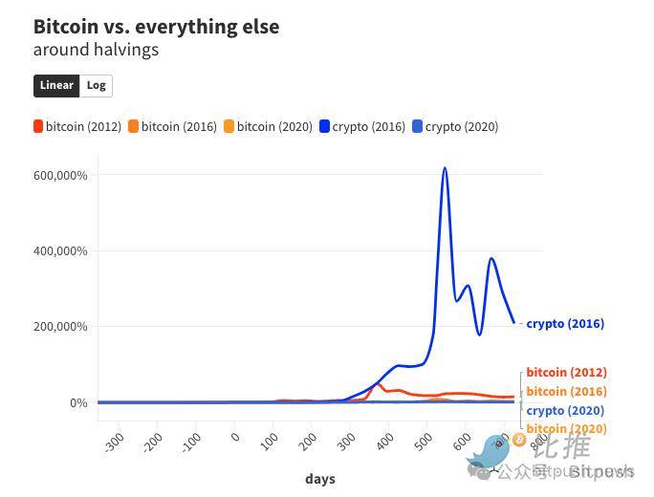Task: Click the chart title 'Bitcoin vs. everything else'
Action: (156, 27)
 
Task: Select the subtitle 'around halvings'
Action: (96, 50)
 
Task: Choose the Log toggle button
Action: (96, 85)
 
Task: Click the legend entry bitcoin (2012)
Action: (77, 126)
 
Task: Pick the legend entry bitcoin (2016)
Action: (173, 126)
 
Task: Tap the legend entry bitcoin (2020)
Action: (269, 126)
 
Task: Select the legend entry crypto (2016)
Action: (362, 126)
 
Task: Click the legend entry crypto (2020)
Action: (455, 126)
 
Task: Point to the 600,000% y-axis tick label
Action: (59, 175)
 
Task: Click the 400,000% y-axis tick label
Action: (59, 251)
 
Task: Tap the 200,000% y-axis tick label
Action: (59, 327)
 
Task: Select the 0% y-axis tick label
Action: (77, 402)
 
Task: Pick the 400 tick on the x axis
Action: (384, 442)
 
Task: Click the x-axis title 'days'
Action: (320, 479)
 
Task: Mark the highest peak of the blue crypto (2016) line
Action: (445, 169)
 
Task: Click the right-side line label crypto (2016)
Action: (565, 324)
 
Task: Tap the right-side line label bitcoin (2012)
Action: (566, 373)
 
